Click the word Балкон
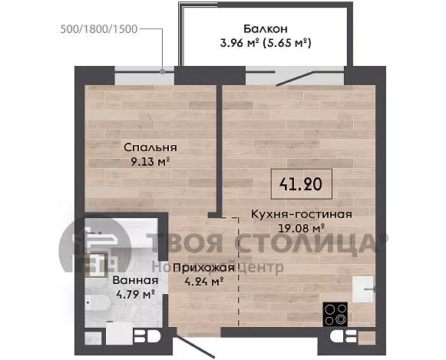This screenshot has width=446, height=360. point(266,28)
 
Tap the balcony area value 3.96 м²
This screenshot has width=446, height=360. point(240,43)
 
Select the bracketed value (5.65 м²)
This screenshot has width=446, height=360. point(287,43)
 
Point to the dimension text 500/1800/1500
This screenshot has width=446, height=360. point(99,29)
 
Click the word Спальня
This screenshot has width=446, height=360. point(150,147)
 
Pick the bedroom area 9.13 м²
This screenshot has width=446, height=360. point(150,162)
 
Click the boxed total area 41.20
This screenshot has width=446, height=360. point(301,184)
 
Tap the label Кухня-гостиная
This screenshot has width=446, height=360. point(302,214)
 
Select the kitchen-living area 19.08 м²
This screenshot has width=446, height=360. point(302,228)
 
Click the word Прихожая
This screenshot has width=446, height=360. point(203,268)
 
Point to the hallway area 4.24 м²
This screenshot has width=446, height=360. point(203,282)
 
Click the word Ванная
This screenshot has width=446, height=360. point(135,280)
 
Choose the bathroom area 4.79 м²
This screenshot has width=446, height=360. point(135,294)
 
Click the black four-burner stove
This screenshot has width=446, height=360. point(335,314)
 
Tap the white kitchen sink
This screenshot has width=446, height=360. point(362,289)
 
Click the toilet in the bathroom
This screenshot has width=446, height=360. point(96,303)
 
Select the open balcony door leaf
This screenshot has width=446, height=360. point(295,78)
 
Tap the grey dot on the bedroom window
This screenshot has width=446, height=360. point(163,71)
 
